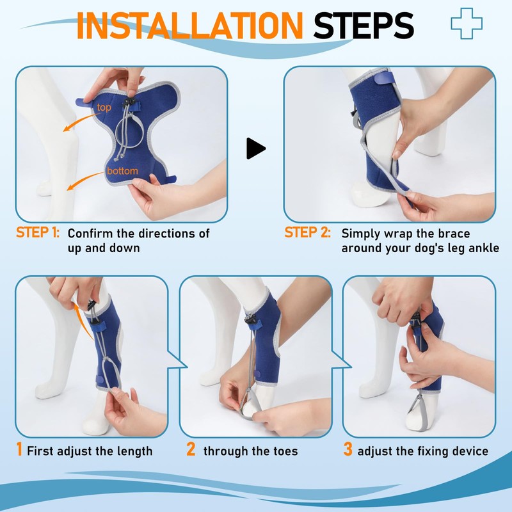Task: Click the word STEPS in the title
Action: pos(364,25)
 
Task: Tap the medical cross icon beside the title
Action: pos(466,23)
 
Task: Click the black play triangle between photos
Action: pos(255,149)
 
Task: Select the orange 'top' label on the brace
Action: pos(104,108)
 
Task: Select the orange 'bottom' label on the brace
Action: pos(121,172)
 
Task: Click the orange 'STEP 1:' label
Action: pos(38,233)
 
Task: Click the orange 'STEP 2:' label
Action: pos(307,233)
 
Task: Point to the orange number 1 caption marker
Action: pos(20,450)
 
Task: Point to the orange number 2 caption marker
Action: pos(191,450)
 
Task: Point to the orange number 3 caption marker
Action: pos(348,450)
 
